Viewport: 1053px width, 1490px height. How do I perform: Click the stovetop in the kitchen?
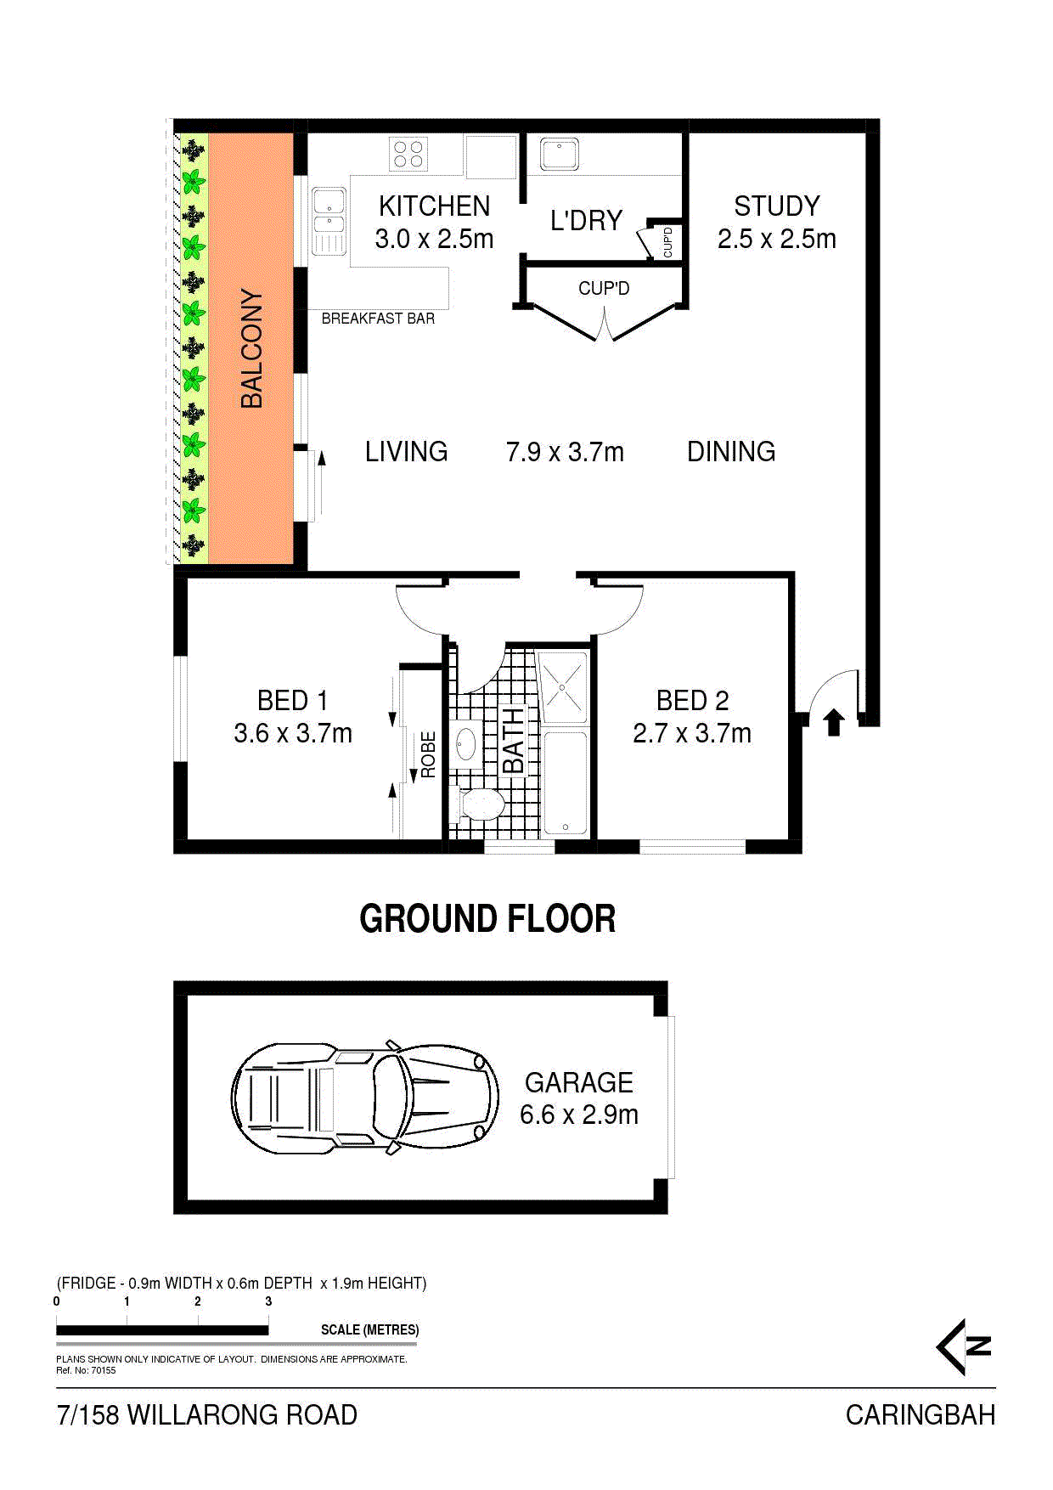click(408, 155)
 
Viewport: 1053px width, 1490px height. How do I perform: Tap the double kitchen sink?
click(329, 221)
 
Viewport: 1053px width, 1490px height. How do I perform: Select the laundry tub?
click(560, 154)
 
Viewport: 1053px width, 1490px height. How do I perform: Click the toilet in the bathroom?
click(481, 804)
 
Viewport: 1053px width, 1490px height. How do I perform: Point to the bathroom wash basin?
click(466, 743)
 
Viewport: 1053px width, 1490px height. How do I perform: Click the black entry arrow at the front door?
click(834, 721)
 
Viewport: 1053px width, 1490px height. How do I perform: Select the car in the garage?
click(365, 1097)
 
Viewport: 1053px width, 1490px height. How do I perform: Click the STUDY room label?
click(777, 206)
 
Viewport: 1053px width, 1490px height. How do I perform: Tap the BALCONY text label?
click(252, 348)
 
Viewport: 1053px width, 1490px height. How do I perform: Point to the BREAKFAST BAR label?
click(378, 319)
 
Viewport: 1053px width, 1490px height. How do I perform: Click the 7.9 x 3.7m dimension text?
click(565, 452)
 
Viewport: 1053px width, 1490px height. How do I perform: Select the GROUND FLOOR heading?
click(487, 918)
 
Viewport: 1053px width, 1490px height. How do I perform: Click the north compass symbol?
click(964, 1346)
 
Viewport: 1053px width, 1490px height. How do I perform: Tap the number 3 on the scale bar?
click(268, 1301)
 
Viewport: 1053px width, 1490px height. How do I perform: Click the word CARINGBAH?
click(921, 1415)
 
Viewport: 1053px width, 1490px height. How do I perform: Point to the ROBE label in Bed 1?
click(428, 754)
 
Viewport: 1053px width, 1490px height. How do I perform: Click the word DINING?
click(731, 452)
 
